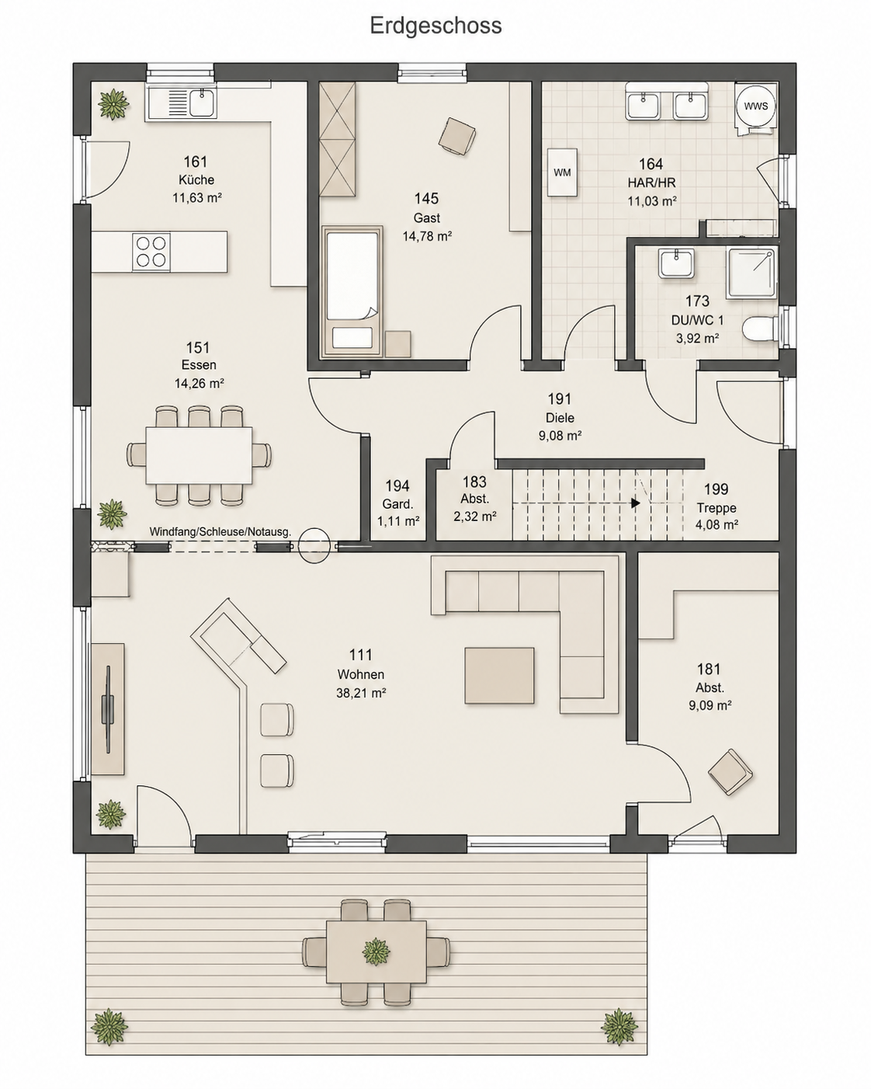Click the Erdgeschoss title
[435, 26]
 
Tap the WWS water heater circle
[755, 106]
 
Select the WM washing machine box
[562, 172]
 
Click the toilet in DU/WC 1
[759, 328]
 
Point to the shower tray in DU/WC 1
[751, 273]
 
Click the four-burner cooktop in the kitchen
[151, 252]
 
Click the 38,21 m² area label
[361, 693]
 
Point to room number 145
[426, 198]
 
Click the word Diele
[560, 417]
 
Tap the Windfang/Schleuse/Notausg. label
[220, 532]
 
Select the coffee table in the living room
[499, 676]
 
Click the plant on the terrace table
[376, 952]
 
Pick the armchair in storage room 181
[730, 772]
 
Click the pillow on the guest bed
[352, 337]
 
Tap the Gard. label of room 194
[397, 504]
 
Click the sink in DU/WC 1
[675, 263]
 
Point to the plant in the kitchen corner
[113, 105]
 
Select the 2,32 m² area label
[475, 517]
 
